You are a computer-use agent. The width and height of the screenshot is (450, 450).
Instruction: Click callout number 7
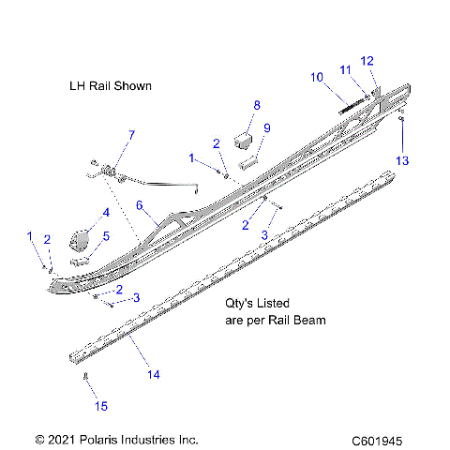coord(130,135)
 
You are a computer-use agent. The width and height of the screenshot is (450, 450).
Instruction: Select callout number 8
coord(256,105)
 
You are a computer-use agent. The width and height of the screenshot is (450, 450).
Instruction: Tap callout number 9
coord(267,128)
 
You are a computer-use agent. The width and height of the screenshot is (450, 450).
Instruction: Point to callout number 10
coord(316,76)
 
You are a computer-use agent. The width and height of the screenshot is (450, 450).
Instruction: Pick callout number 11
coord(346,69)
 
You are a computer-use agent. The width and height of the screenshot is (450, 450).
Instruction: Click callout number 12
coord(367,60)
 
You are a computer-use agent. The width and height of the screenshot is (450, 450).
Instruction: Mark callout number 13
coord(402,161)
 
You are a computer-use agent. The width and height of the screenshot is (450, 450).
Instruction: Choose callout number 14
coord(154,375)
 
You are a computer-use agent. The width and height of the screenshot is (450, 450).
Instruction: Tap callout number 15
coord(101,406)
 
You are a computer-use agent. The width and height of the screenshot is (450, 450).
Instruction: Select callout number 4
coord(106,213)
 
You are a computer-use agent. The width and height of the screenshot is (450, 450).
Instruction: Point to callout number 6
coord(140,204)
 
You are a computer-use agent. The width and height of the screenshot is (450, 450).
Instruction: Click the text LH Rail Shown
coord(110,85)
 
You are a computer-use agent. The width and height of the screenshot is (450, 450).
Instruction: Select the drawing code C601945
coord(382,439)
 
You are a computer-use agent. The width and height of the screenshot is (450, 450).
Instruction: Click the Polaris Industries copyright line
coord(116,439)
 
